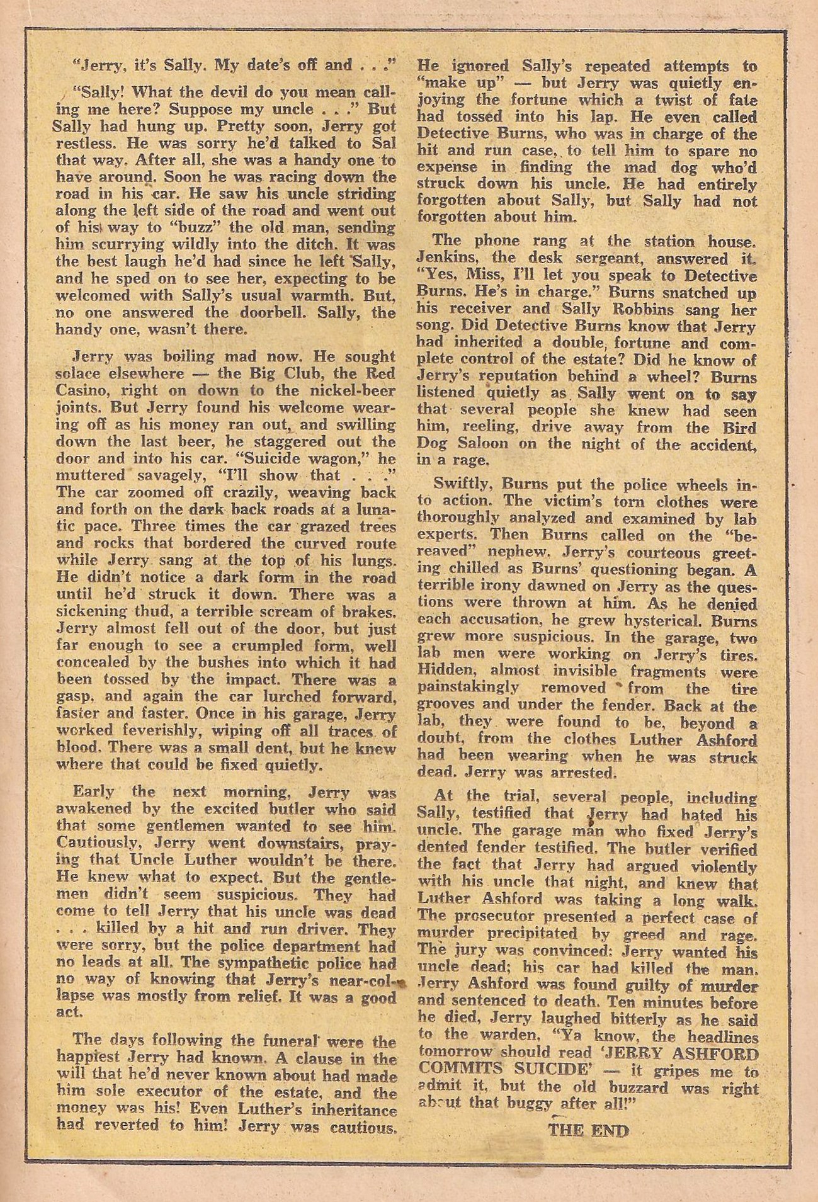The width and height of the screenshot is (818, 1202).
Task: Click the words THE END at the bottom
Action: [588, 1131]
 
